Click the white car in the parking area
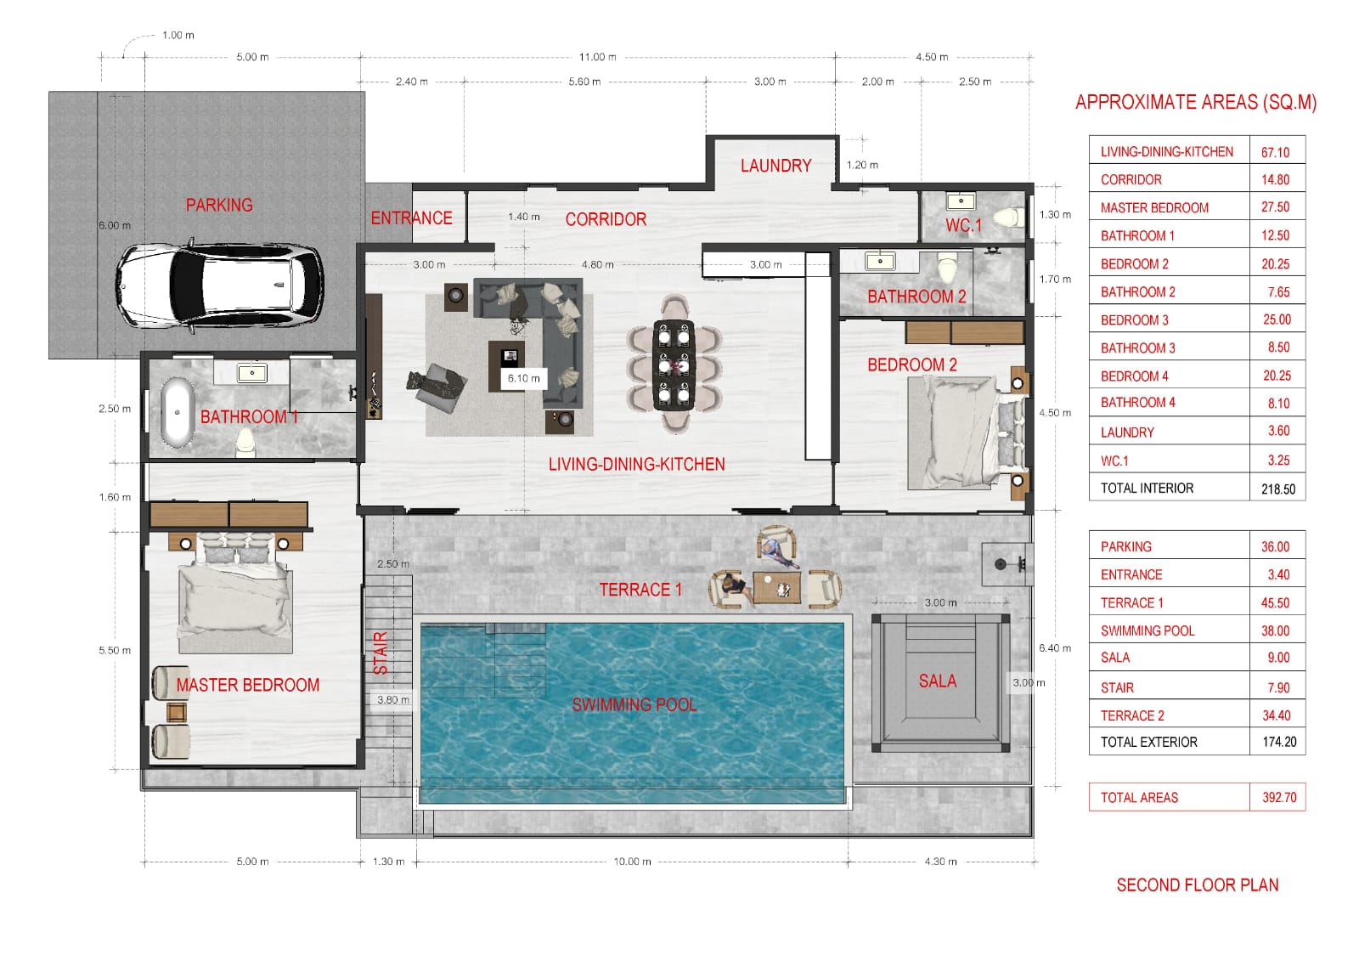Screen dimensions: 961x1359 (219, 285)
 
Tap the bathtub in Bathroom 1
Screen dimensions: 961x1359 (177, 412)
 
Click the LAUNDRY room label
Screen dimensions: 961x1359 (775, 166)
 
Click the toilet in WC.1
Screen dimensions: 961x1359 (1008, 218)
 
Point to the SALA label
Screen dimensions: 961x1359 (937, 681)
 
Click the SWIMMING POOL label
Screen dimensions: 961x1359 (634, 704)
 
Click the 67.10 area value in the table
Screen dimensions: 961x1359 (1275, 152)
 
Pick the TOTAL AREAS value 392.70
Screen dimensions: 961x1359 (1278, 798)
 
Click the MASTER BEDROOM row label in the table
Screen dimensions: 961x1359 (1153, 208)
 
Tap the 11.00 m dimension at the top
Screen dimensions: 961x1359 (597, 57)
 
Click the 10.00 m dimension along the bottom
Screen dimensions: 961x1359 (632, 862)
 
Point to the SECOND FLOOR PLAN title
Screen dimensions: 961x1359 (1197, 885)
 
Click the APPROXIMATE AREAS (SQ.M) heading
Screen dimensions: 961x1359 (1195, 103)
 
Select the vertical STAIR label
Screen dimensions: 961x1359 (381, 653)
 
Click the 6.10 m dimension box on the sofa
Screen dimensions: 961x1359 (523, 378)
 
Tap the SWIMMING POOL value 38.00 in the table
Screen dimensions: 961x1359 (1275, 630)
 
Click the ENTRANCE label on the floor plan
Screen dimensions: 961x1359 (411, 218)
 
